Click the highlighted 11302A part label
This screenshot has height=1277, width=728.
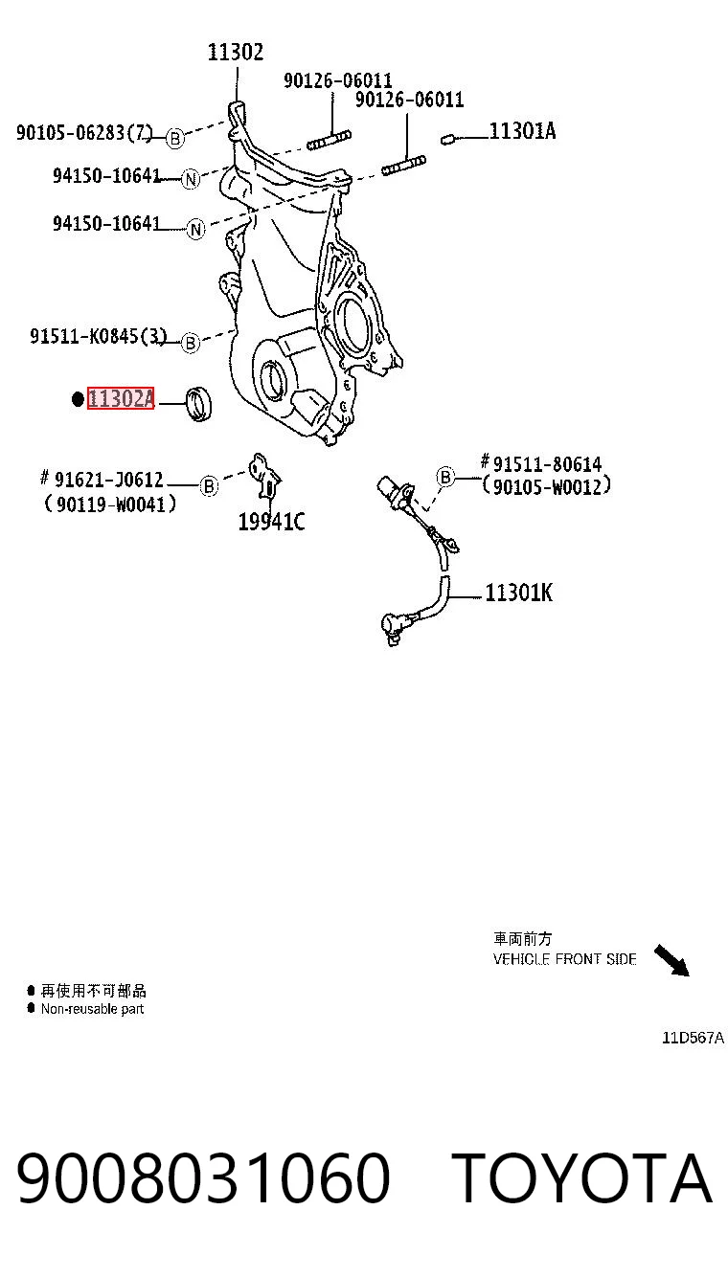coord(121,398)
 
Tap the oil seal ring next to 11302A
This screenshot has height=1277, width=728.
coord(199,404)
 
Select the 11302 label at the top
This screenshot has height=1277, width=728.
coord(236,53)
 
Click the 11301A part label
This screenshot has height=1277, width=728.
coord(522,131)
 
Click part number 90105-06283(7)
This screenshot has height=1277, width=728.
coord(84,133)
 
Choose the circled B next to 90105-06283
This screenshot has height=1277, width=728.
coord(175,139)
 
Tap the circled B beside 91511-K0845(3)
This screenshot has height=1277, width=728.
coord(191,344)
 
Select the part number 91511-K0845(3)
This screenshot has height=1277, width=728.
coord(98,336)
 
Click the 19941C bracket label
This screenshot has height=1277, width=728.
coord(271,522)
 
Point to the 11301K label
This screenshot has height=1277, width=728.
coord(518,593)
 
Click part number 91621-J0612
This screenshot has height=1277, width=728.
coord(109,480)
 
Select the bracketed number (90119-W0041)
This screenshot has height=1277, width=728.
coord(110,504)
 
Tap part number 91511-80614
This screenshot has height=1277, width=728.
coord(547,464)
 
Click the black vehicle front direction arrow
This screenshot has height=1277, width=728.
coord(671,960)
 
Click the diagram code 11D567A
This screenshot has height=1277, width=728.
coord(693,1038)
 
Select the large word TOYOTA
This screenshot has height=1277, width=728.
coord(581,1178)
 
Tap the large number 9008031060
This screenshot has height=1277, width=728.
coord(203,1178)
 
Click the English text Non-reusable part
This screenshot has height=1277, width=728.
coord(92,1009)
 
